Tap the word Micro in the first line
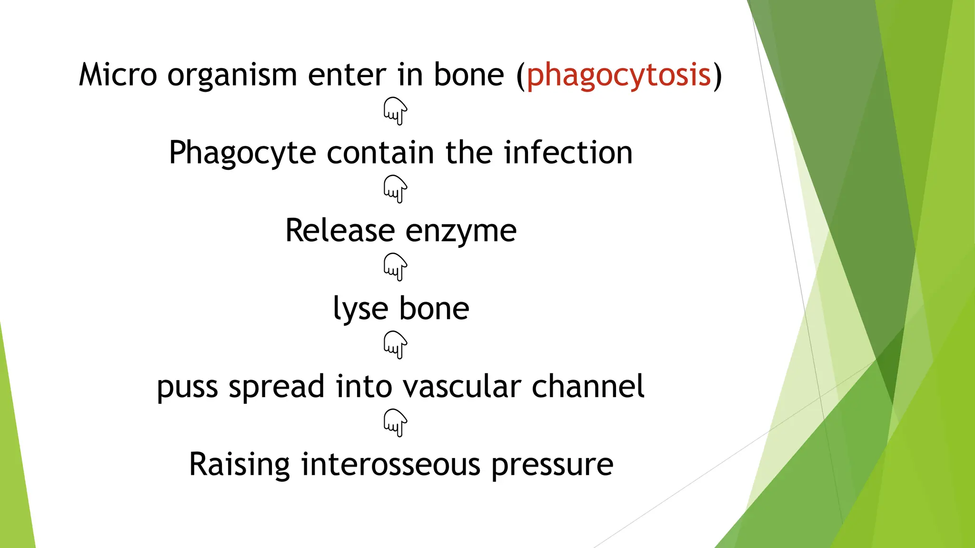tap(118, 75)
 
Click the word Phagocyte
tap(242, 154)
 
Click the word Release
tap(339, 231)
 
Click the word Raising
tap(239, 465)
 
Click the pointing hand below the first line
tap(395, 111)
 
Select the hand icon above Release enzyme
tap(395, 189)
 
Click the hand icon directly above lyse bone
tap(395, 267)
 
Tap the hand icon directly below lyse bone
tap(395, 345)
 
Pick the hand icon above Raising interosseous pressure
tap(395, 423)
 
